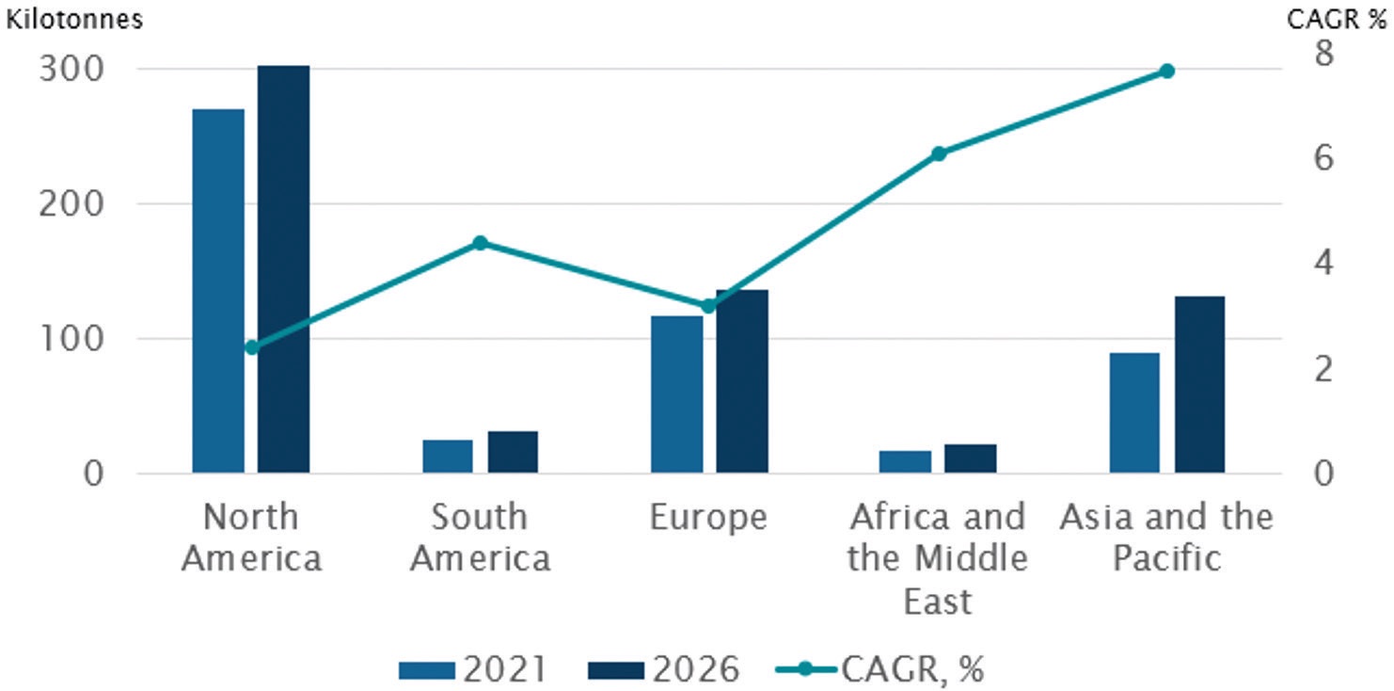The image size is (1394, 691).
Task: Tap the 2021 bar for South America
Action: point(448,456)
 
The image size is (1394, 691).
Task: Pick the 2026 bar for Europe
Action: point(742,380)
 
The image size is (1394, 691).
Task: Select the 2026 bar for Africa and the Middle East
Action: point(971,458)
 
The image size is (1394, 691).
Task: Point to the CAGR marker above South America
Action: point(480,243)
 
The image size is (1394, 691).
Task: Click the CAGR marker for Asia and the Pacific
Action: point(1167,71)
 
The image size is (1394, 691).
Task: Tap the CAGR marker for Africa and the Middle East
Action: point(939,153)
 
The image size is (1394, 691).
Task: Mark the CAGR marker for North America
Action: point(251,347)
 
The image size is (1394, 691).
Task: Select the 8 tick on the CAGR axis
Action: point(1324,54)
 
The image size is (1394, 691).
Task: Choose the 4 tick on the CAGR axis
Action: point(1324,263)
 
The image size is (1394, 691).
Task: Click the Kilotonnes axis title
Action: point(74,20)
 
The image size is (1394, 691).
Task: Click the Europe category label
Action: point(708,518)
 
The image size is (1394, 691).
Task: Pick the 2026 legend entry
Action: point(664,669)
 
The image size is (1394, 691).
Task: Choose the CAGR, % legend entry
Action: point(879,669)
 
